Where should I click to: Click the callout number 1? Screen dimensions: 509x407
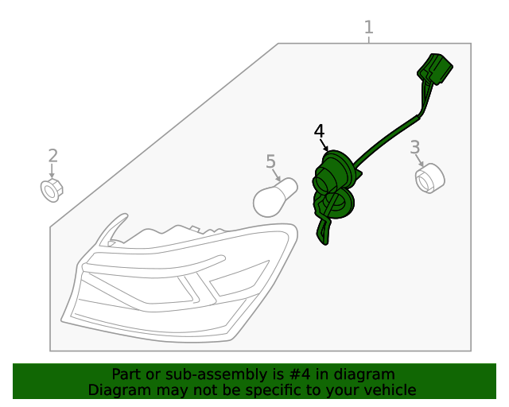coord(368,27)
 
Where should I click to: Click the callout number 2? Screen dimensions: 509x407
coord(53,156)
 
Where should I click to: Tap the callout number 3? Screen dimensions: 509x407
coord(415,147)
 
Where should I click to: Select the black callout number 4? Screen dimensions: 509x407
coord(319,131)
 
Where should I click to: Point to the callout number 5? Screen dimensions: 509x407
coord(270,161)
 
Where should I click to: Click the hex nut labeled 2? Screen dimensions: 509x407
coord(52,190)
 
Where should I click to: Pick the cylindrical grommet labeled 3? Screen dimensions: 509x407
coord(429,179)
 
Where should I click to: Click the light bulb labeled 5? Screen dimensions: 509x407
coord(275,197)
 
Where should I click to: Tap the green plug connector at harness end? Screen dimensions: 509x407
coord(435,69)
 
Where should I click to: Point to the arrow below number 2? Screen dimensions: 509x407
coord(52,171)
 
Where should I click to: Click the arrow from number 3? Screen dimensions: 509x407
coord(419,161)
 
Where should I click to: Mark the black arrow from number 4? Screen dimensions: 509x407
coord(324,145)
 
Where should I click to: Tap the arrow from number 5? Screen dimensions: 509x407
coord(277,175)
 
